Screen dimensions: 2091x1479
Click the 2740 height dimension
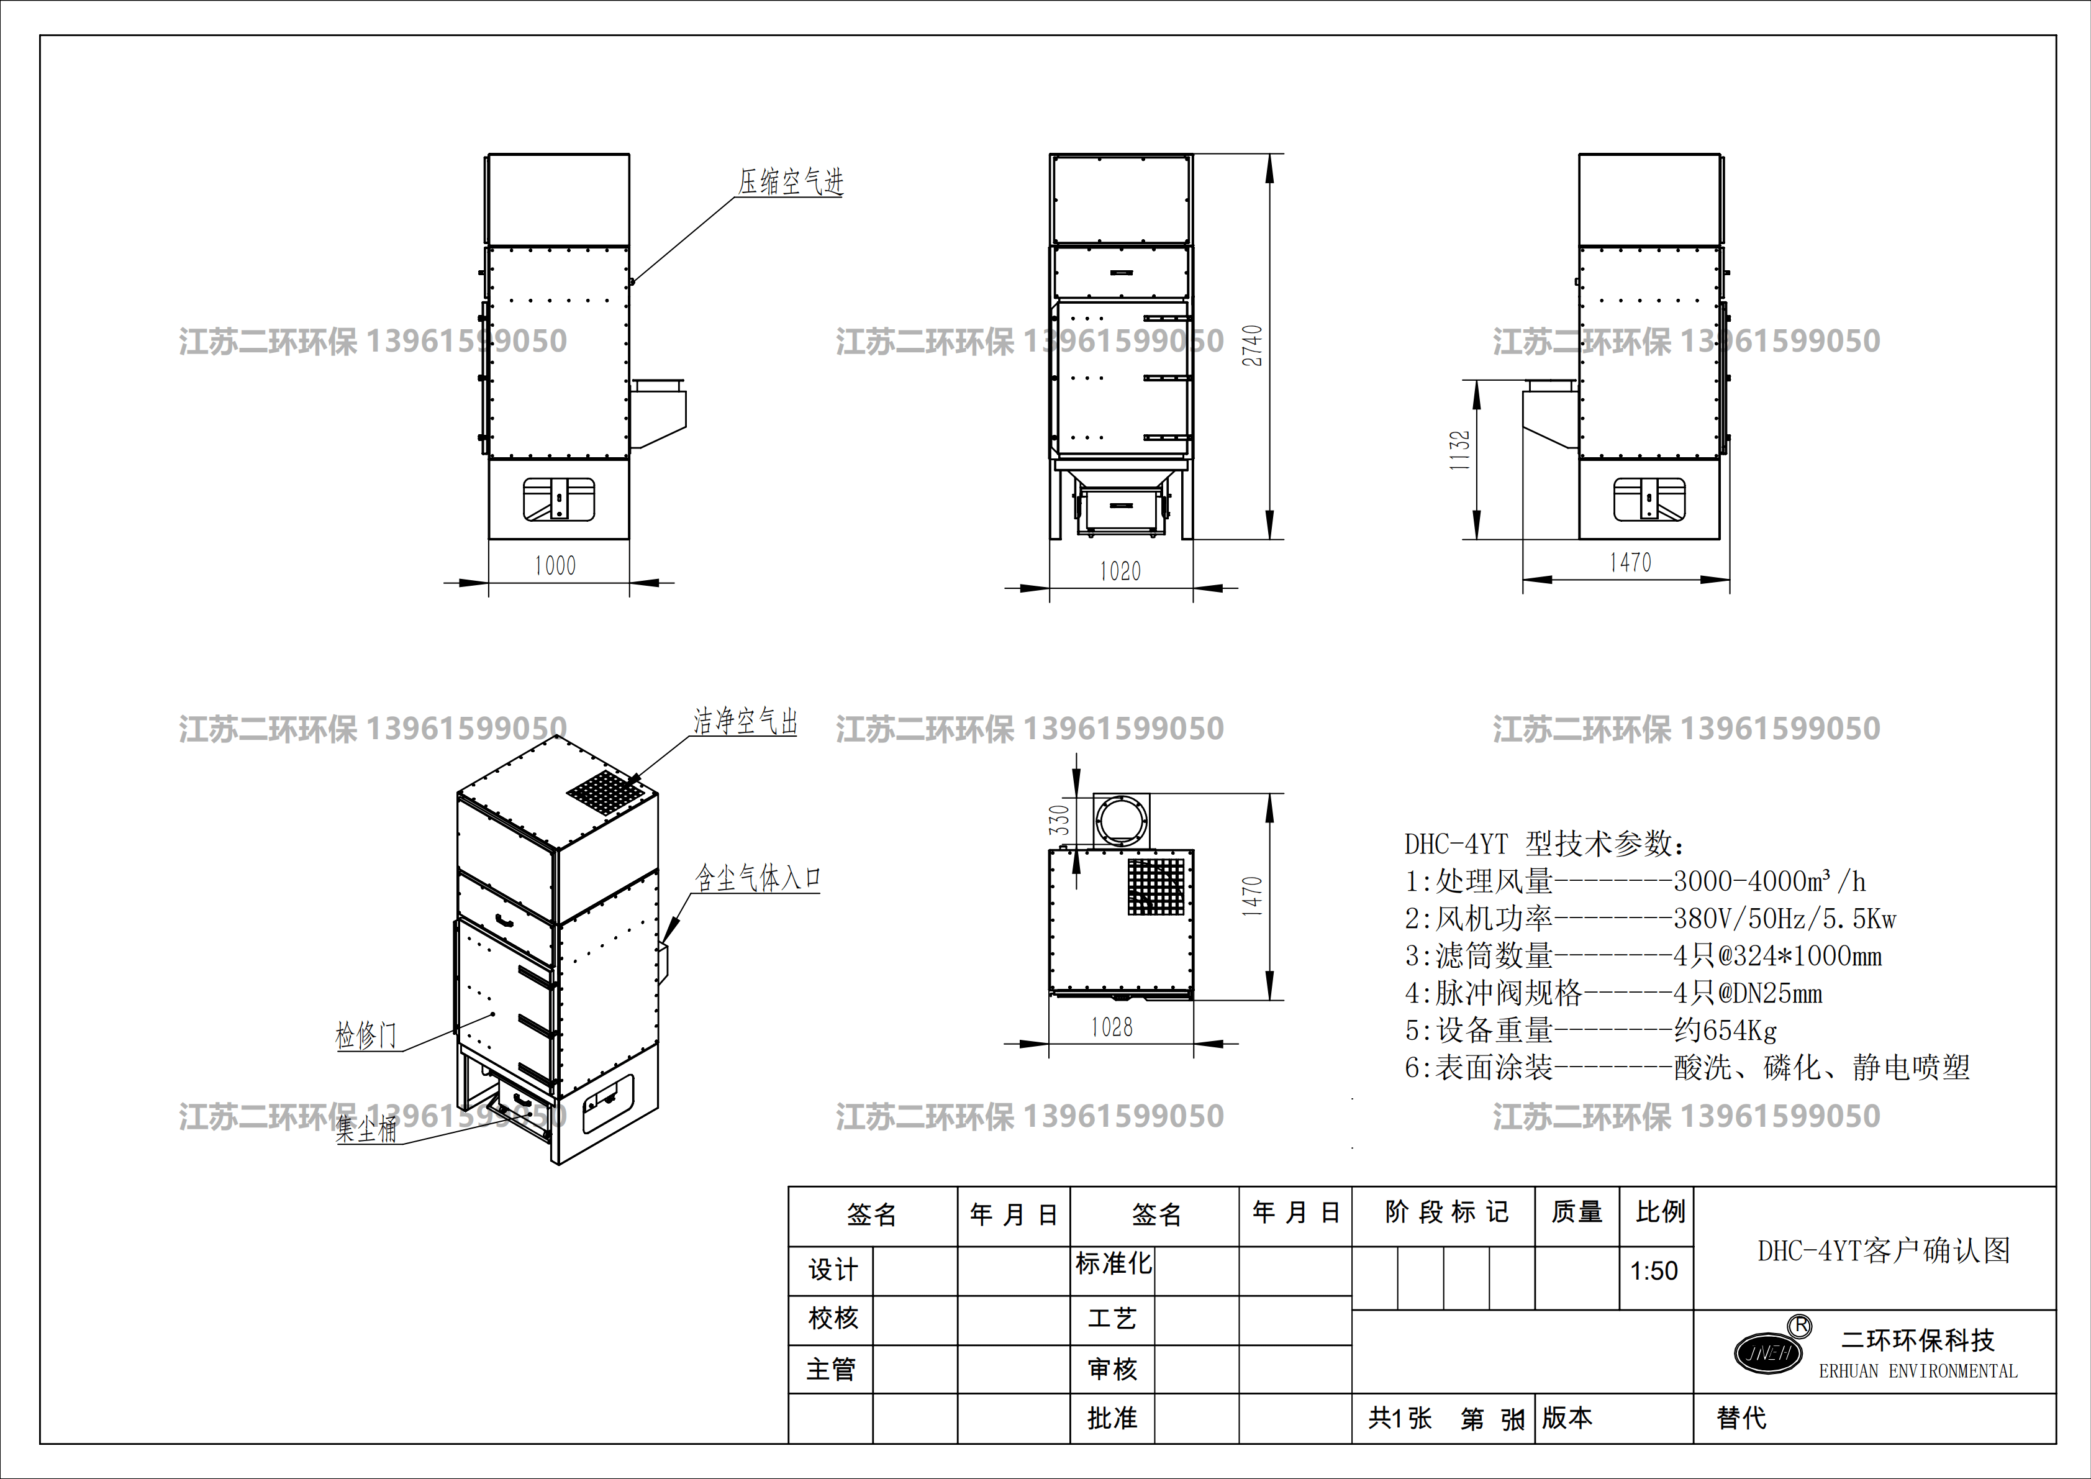click(1253, 346)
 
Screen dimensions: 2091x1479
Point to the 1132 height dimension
click(1460, 450)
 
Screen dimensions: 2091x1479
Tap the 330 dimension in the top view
click(1058, 820)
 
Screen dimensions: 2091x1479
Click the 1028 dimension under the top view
click(1112, 1027)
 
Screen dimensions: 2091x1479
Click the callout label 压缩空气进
click(791, 182)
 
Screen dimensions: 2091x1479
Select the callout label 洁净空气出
click(746, 721)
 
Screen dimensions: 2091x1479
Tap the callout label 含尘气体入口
click(758, 878)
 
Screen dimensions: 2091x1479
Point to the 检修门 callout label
click(366, 1035)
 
